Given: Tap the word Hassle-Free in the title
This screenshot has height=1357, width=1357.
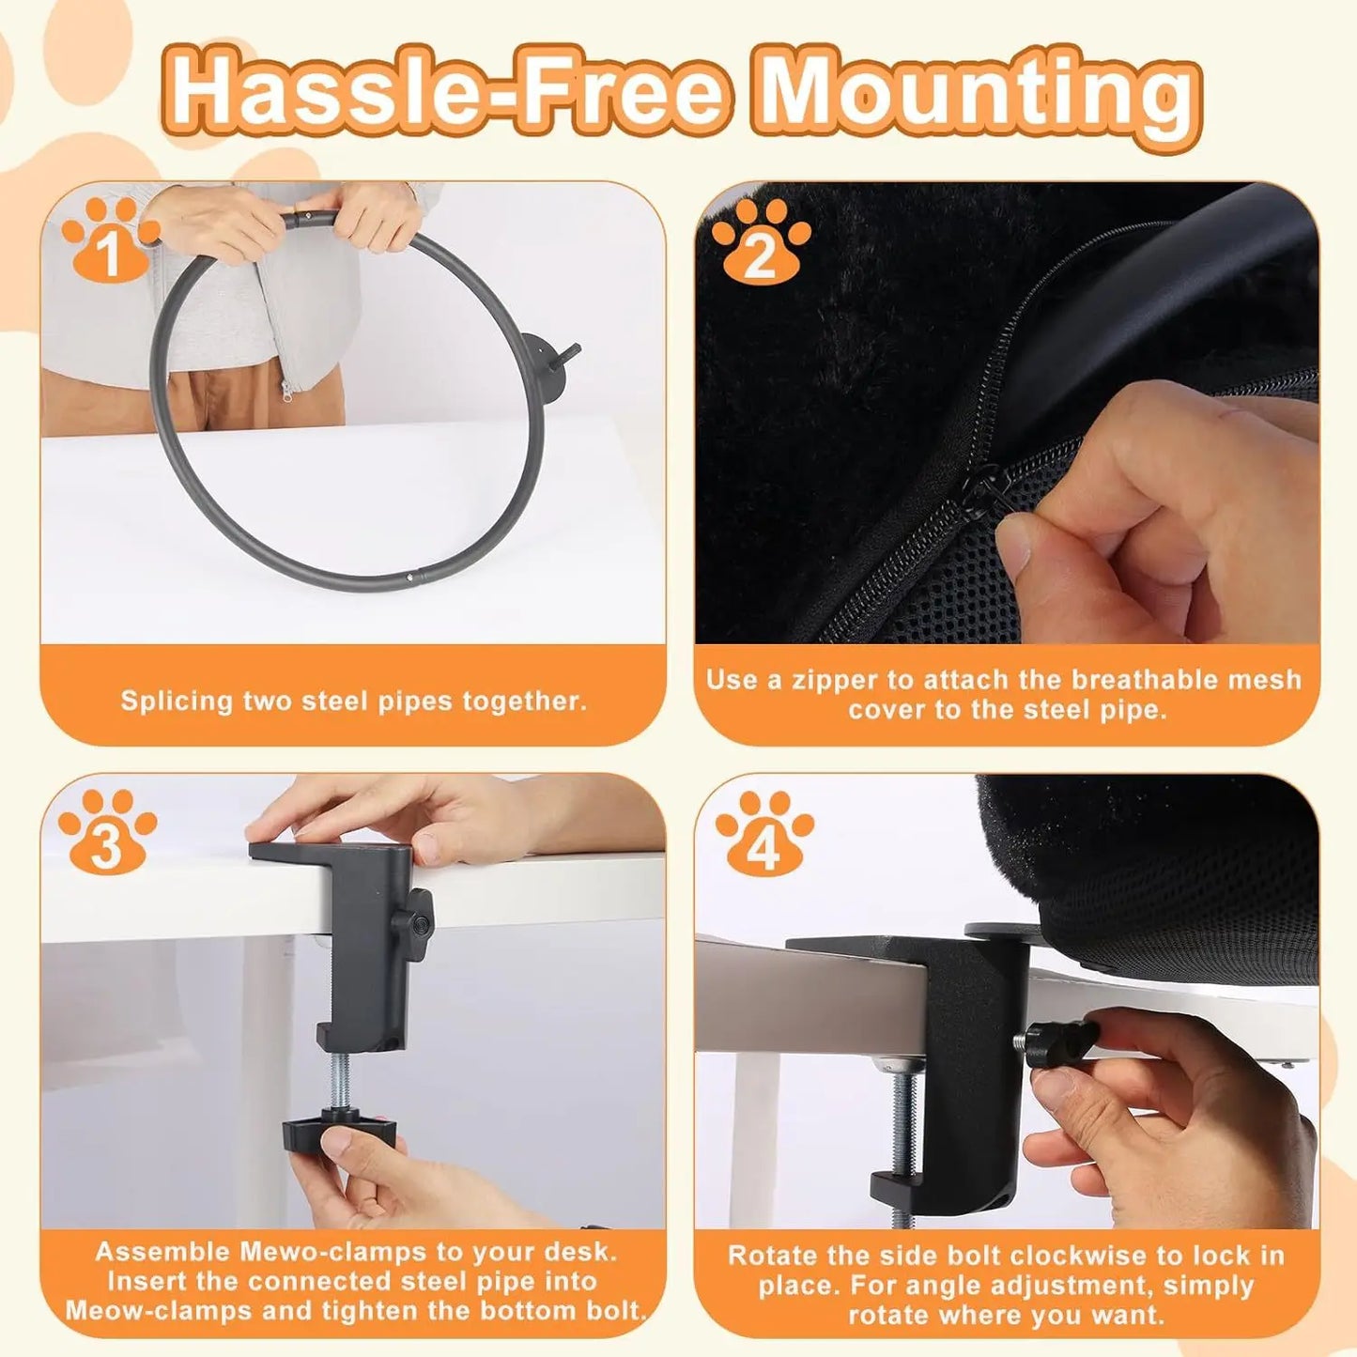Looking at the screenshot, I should [449, 92].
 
